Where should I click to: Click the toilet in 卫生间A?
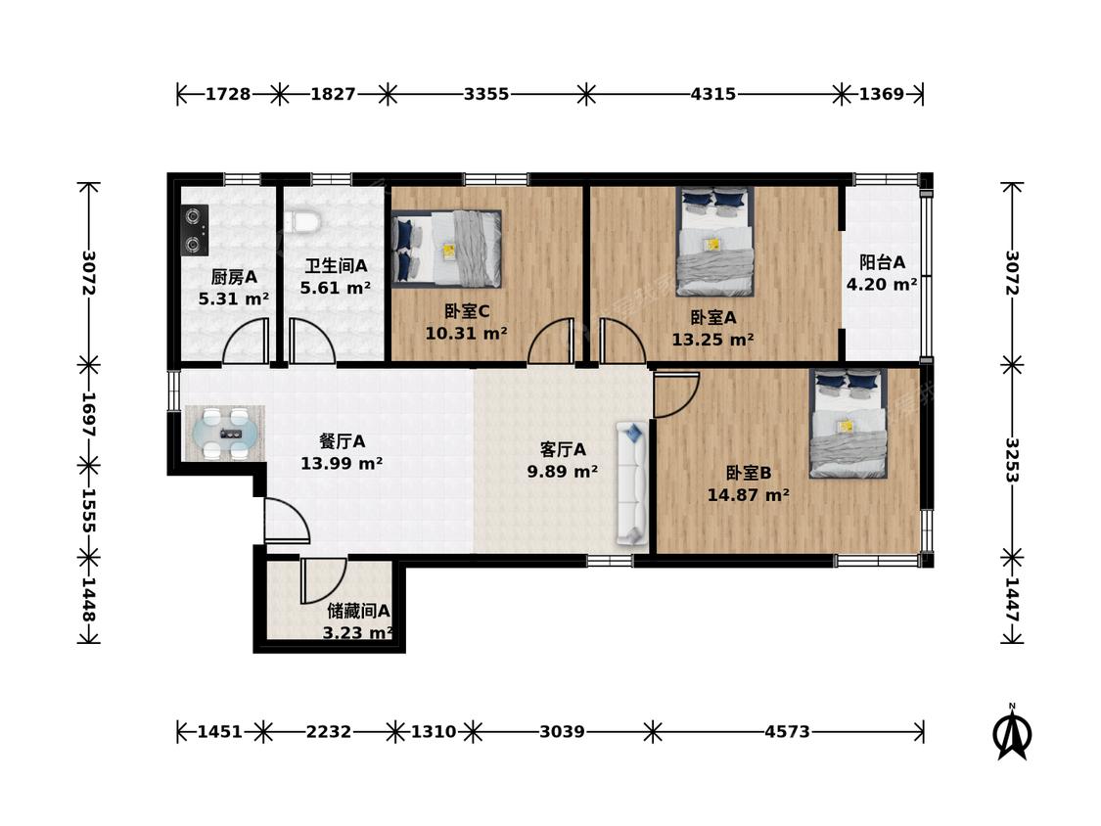pos(304,220)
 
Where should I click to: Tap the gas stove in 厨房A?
pos(195,229)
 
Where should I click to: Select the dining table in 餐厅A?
pos(225,433)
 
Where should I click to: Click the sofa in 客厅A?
pos(631,482)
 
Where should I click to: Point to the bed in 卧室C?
pos(446,249)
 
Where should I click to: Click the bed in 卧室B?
pos(849,423)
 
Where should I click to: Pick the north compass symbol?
pos(1012,733)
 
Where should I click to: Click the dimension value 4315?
pos(713,93)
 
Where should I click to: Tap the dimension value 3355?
pos(485,93)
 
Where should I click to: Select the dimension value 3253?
pos(1012,461)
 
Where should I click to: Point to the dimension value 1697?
pos(89,414)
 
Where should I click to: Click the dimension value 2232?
pos(329,732)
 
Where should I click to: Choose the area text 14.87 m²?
pos(748,495)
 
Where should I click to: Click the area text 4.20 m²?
pos(881,285)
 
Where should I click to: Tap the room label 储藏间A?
pos(358,611)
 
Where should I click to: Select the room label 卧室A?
pos(712,317)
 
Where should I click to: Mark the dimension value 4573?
pos(787,732)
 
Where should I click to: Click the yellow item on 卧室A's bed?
pos(712,245)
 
